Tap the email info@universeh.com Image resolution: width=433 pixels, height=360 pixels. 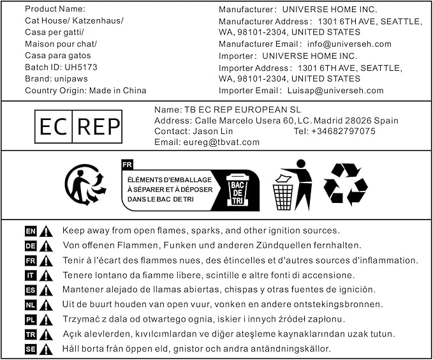349,44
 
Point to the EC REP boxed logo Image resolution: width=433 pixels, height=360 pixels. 78,126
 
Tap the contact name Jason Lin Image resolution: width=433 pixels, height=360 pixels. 215,131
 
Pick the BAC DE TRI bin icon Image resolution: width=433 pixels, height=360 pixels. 237,190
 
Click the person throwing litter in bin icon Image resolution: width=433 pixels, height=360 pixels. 293,184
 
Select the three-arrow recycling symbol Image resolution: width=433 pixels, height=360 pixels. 345,184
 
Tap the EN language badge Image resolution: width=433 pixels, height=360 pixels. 31,231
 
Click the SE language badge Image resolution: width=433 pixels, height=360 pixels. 31,349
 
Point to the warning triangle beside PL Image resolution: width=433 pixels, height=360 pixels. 46,320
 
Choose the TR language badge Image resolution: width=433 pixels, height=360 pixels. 31,334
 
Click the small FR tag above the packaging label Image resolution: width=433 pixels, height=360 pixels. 127,164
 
